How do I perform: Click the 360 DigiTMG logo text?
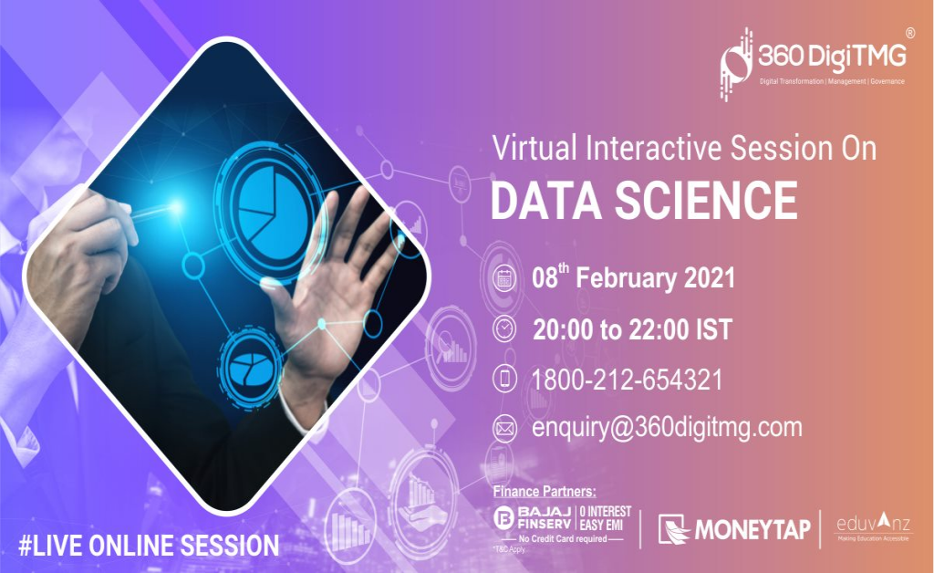(x=830, y=57)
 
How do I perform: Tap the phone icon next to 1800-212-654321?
(x=503, y=378)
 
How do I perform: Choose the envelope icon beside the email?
(x=503, y=427)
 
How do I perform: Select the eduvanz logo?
(x=873, y=528)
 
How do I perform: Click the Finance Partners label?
(x=544, y=492)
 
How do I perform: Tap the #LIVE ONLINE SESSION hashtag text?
(x=149, y=546)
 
